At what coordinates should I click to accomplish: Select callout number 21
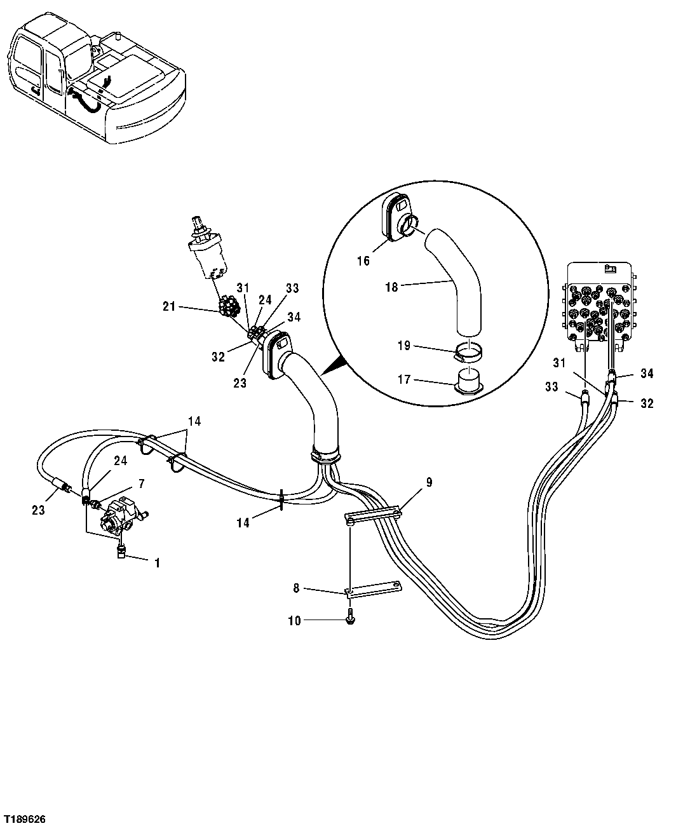[x=168, y=308]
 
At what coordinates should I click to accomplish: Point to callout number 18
[x=391, y=287]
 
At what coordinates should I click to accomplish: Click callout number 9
[x=429, y=483]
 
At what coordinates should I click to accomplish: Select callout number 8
[x=296, y=589]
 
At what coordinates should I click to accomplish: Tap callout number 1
[x=157, y=562]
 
